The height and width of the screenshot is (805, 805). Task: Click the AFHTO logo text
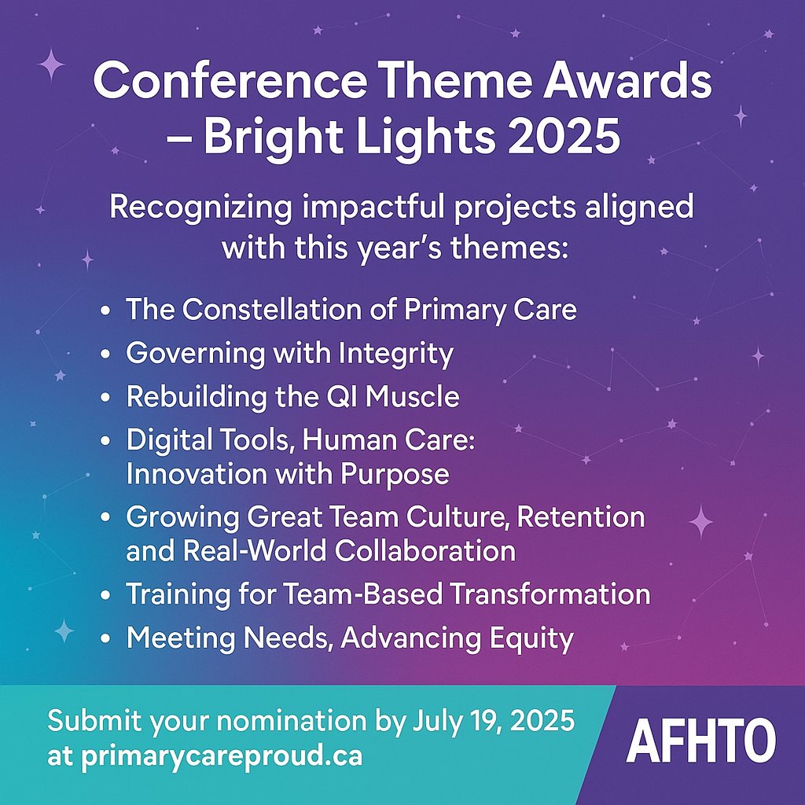click(701, 741)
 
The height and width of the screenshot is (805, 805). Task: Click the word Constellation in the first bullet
click(274, 309)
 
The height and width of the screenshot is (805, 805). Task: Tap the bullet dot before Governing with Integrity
click(106, 355)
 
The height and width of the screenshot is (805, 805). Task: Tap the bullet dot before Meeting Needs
click(106, 638)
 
